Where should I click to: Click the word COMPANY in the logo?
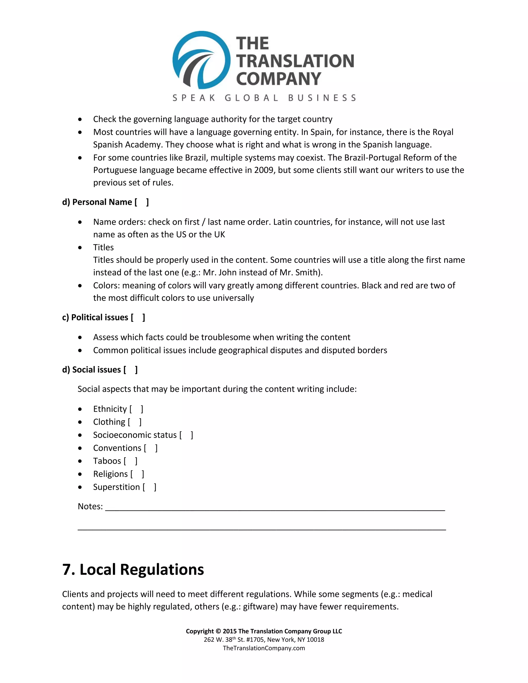tap(278, 79)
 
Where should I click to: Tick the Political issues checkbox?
tap(138, 318)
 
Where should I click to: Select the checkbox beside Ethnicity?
tap(136, 409)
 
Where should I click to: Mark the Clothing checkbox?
tap(135, 422)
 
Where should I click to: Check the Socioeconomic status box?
tap(186, 435)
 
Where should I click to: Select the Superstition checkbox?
tap(150, 487)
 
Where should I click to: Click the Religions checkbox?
tap(137, 474)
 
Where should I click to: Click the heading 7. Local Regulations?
tap(133, 570)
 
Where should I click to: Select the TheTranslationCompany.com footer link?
tap(264, 648)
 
